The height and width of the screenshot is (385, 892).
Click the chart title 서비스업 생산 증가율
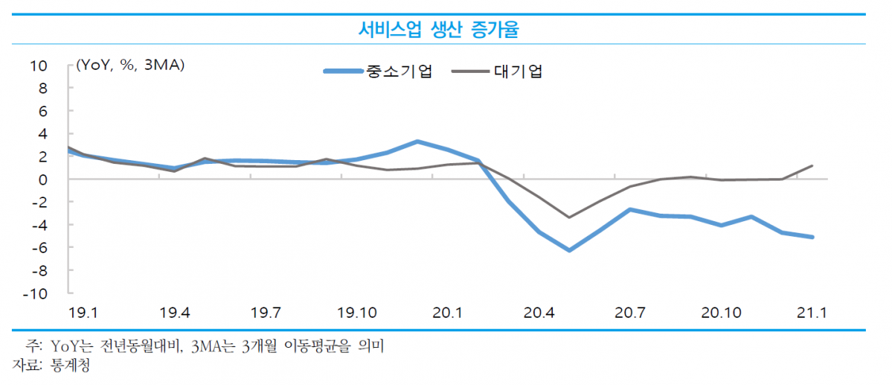439,30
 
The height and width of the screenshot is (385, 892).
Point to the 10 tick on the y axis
39,66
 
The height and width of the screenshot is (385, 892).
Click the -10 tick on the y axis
36,293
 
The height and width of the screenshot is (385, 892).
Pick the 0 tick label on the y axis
42,179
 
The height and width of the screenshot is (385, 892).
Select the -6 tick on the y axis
39,248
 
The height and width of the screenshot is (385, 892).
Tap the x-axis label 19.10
357,312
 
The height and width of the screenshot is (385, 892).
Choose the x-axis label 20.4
539,312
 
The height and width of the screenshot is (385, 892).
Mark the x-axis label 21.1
812,312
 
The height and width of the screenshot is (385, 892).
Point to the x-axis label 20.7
629,312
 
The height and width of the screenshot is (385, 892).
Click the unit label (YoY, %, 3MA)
130,66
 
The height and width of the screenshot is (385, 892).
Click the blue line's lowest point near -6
569,250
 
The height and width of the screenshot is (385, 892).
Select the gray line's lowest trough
569,217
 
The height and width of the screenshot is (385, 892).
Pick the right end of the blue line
812,238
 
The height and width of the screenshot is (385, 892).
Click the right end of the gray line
812,166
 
